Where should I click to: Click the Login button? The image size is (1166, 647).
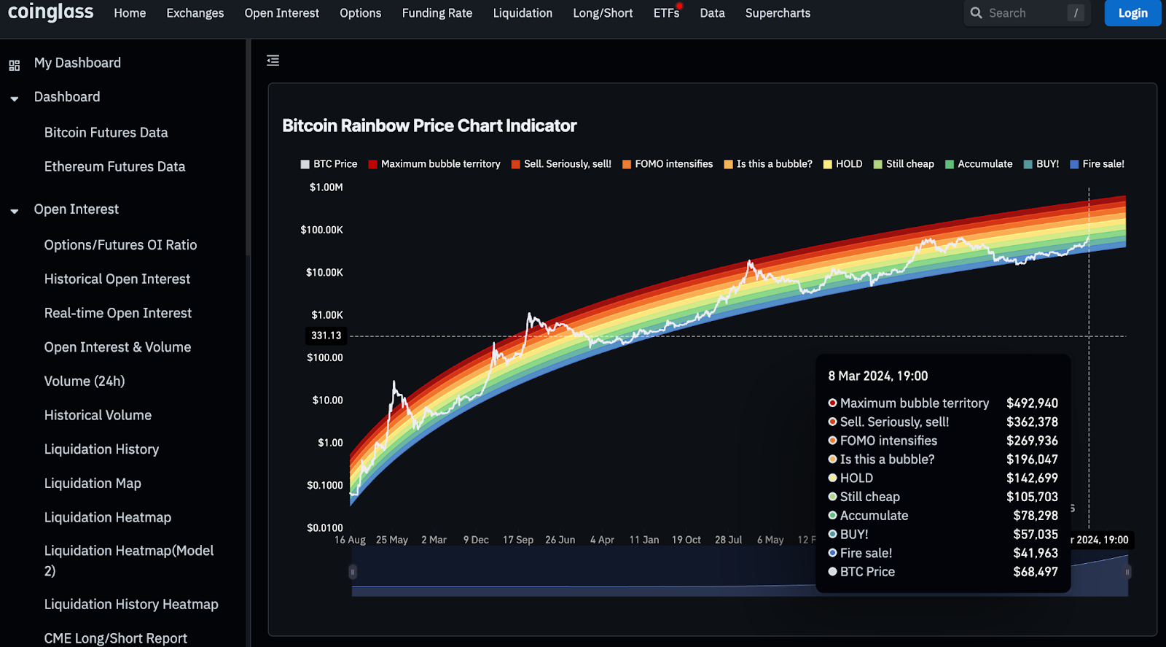(x=1132, y=13)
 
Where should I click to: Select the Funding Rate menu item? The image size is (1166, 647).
(x=437, y=13)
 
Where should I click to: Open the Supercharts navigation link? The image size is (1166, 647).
(x=778, y=13)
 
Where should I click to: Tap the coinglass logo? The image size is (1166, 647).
(x=51, y=12)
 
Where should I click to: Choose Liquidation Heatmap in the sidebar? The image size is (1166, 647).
(x=108, y=517)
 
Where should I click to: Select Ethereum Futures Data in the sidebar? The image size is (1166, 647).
(x=114, y=166)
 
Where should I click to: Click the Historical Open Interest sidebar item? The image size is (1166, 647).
(x=117, y=279)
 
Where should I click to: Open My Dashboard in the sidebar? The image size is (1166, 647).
(x=77, y=63)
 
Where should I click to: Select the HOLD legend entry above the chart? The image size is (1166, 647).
(x=843, y=164)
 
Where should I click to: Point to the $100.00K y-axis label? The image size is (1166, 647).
(x=321, y=230)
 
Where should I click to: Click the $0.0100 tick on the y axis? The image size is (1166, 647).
(x=325, y=527)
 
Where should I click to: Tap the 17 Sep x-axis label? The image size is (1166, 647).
(x=518, y=540)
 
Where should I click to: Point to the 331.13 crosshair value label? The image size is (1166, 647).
(x=326, y=336)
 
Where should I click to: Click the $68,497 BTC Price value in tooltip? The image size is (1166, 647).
(x=1035, y=572)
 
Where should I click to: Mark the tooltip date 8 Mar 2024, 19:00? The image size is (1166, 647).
(x=877, y=376)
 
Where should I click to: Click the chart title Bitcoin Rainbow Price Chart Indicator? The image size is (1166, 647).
(x=429, y=126)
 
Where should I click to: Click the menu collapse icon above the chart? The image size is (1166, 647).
(x=273, y=61)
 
